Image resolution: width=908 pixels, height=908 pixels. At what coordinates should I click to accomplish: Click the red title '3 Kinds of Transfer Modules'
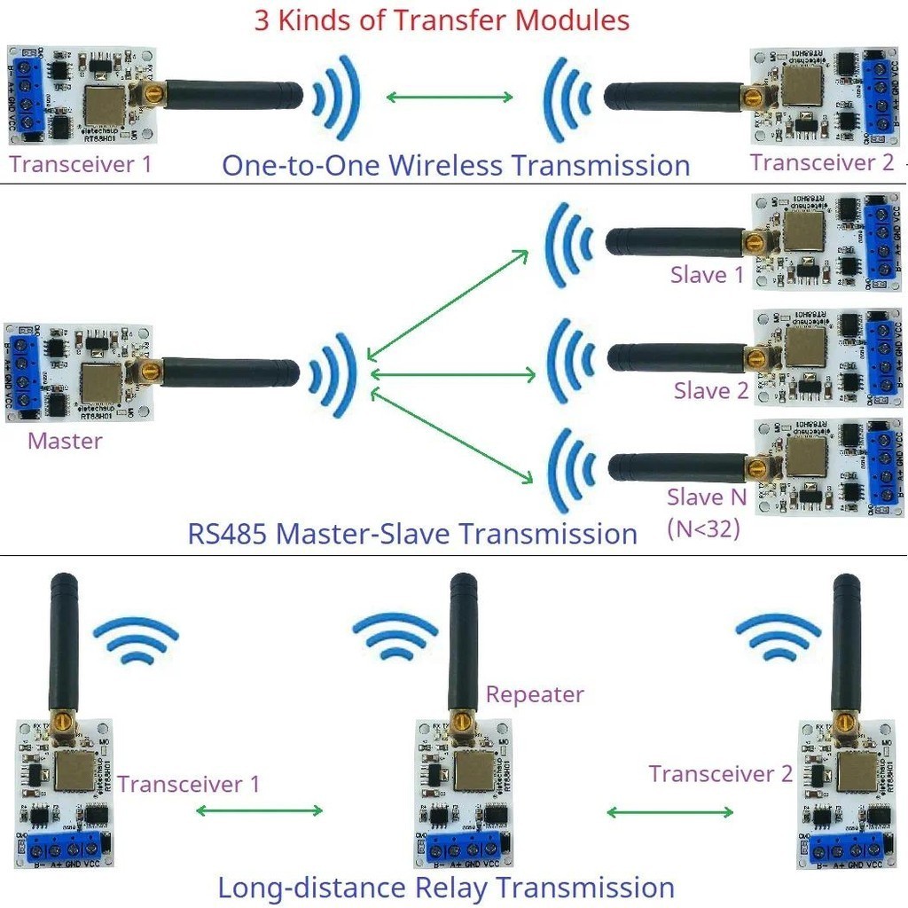click(x=442, y=20)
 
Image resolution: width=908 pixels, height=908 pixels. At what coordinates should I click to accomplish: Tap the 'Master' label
click(x=65, y=441)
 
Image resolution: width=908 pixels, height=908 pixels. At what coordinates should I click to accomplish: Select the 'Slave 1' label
click(x=707, y=275)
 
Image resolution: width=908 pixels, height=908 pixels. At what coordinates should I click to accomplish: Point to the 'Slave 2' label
click(x=710, y=390)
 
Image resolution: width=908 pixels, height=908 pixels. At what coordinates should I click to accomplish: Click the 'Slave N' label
click(x=707, y=497)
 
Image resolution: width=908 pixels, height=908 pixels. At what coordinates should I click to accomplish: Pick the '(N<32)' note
click(x=704, y=529)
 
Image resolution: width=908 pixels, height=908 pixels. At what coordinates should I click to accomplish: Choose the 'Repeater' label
click(x=535, y=694)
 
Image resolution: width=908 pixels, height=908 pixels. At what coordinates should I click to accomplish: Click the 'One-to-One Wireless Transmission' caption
click(x=456, y=166)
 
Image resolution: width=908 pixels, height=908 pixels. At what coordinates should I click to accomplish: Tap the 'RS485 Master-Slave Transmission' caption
click(x=412, y=534)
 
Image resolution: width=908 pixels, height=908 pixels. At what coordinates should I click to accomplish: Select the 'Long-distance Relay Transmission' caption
click(x=446, y=888)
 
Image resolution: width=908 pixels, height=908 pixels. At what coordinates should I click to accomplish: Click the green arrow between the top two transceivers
click(x=450, y=97)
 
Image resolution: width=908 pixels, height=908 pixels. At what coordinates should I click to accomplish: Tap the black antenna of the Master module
click(x=231, y=372)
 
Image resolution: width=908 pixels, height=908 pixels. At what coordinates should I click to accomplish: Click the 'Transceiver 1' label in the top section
click(x=81, y=164)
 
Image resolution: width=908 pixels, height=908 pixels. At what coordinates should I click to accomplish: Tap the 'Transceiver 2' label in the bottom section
click(x=720, y=774)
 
